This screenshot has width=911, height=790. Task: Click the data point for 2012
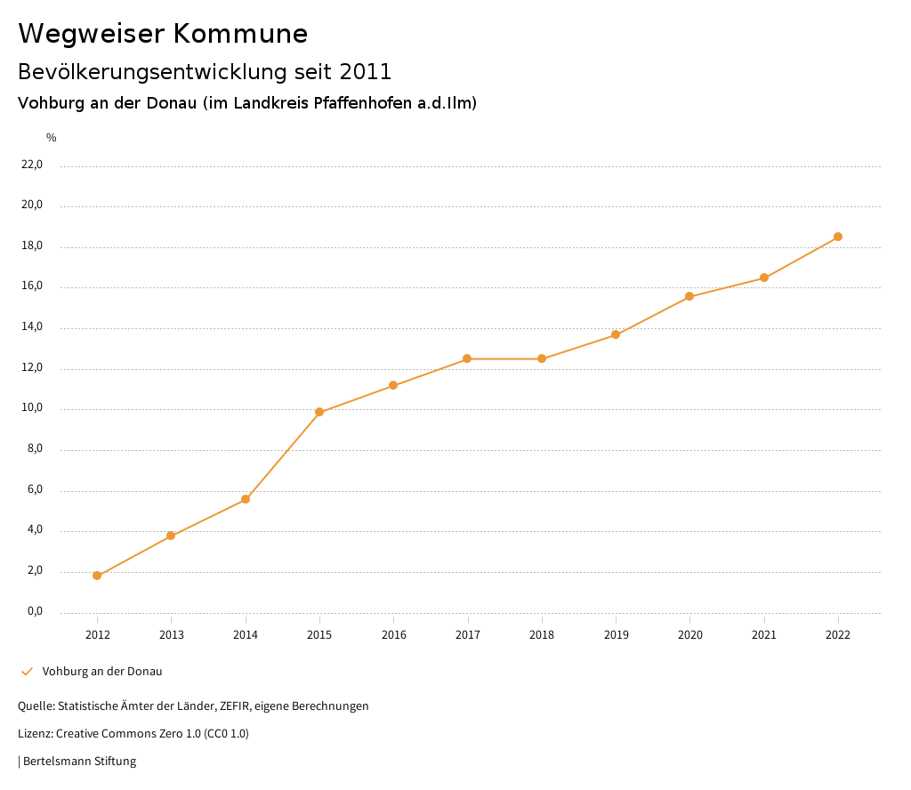97,576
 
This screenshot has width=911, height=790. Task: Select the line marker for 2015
319,412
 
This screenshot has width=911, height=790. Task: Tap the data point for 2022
838,237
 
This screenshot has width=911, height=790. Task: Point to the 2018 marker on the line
542,359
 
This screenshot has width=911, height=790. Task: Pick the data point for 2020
689,296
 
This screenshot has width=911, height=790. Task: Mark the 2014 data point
246,499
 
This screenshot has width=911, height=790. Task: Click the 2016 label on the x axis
393,635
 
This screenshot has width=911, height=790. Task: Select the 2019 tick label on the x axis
616,635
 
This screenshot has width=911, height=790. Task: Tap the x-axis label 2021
764,635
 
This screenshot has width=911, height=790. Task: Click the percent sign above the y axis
52,138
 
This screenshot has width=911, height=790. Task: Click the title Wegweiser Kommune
163,34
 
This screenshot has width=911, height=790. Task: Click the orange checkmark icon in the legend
27,671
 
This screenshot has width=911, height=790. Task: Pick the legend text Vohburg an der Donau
102,672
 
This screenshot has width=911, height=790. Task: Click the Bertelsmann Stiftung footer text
79,762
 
